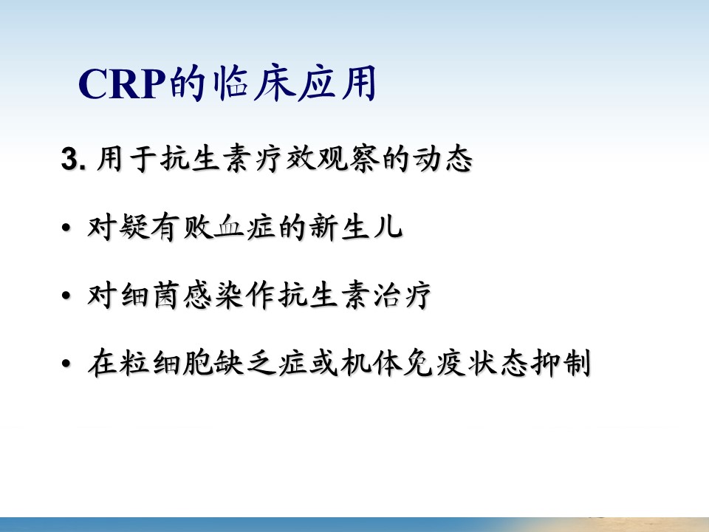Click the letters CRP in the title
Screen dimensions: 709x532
point(121,83)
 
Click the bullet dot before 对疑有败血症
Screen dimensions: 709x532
point(66,228)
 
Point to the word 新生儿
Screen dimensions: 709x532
point(356,227)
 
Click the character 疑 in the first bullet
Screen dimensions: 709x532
point(134,227)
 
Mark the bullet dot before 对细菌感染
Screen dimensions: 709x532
point(66,296)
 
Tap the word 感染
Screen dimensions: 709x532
point(213,296)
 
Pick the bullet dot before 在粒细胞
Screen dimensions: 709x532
point(66,364)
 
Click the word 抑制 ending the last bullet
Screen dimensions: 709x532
point(561,364)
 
